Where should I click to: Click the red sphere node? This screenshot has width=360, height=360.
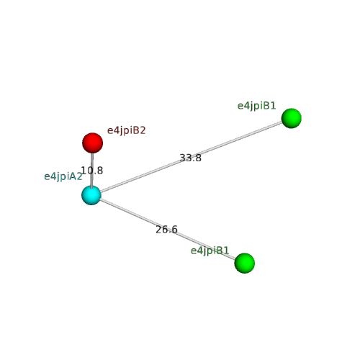click(93, 143)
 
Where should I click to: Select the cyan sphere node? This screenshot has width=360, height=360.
click(91, 195)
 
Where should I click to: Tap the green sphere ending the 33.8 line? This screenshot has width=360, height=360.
click(292, 118)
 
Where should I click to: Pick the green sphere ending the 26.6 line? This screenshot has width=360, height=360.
click(245, 263)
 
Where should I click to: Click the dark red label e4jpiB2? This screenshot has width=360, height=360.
click(127, 131)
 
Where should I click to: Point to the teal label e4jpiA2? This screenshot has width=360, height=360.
click(63, 177)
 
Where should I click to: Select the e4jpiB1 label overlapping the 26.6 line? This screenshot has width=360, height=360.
click(210, 251)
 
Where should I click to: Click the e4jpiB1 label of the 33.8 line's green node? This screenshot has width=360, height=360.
click(257, 106)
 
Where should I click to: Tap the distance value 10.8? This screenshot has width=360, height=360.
click(92, 171)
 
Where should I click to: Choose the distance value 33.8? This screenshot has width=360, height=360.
click(191, 158)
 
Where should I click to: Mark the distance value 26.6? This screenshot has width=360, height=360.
click(166, 230)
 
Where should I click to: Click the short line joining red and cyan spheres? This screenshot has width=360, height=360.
click(92, 169)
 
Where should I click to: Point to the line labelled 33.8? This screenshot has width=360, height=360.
click(192, 157)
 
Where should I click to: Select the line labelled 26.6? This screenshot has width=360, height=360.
click(168, 229)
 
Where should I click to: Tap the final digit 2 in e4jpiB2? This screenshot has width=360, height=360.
click(143, 130)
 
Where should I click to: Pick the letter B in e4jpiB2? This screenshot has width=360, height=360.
click(137, 130)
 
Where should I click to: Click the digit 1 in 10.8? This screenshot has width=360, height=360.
click(84, 171)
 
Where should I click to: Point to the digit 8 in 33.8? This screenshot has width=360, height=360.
click(199, 158)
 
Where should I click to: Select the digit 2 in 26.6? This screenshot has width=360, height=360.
click(158, 230)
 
